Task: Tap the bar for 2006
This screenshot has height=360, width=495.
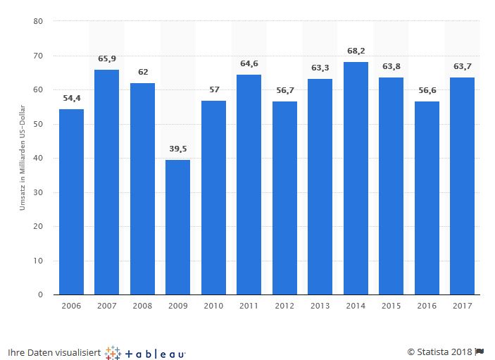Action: [x=71, y=201]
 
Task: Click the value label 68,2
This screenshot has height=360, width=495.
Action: [x=356, y=51]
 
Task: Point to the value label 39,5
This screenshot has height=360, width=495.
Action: [x=177, y=149]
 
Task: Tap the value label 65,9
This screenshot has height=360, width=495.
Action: [x=106, y=59]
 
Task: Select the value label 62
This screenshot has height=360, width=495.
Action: [x=142, y=73]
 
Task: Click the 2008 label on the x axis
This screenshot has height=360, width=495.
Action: [x=142, y=306]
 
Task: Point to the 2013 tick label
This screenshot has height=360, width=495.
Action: [x=320, y=306]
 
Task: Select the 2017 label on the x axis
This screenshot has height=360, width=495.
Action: [x=462, y=306]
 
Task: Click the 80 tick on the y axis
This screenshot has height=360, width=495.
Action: [x=39, y=21]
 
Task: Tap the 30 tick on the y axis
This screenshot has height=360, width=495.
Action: [x=39, y=192]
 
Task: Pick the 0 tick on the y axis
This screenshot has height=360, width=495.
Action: [x=42, y=294]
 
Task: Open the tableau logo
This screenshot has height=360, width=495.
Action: [x=145, y=352]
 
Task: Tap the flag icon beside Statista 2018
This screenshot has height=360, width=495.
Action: [x=480, y=352]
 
